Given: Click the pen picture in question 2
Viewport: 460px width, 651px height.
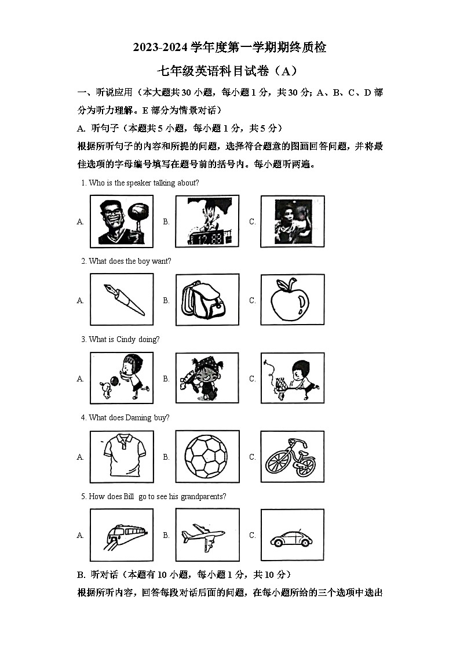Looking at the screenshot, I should [122, 299].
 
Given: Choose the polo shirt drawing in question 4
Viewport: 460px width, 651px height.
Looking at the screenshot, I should [122, 456].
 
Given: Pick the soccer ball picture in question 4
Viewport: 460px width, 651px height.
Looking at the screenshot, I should [207, 456].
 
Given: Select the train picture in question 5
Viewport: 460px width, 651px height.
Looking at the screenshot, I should [122, 534].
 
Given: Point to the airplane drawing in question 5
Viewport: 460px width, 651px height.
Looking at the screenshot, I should [207, 534].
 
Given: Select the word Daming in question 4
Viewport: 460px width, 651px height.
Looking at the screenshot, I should [138, 418].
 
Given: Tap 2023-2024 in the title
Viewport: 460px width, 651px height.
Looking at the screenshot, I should [159, 48].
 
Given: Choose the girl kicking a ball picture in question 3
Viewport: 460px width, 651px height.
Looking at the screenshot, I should [122, 377].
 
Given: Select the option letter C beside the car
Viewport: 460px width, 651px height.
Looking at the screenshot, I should [253, 535].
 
